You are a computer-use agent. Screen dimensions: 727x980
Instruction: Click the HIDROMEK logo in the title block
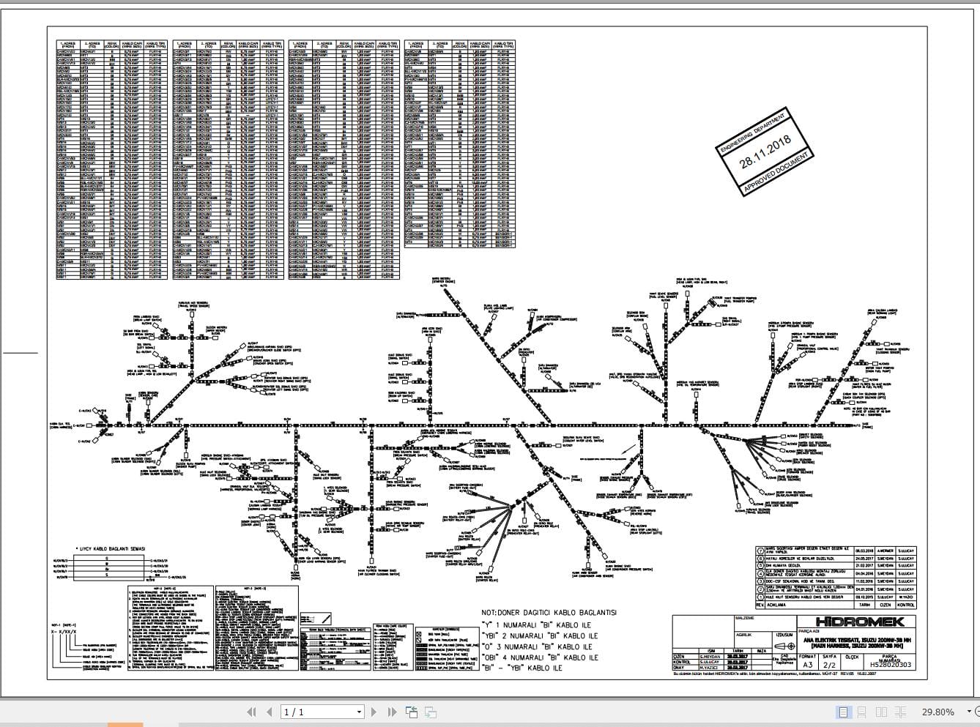coord(869,622)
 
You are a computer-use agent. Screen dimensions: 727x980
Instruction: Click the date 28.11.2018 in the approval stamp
coord(765,152)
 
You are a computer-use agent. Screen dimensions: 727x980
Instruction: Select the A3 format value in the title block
coord(806,666)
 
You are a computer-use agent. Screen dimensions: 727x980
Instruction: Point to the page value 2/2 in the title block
coord(829,666)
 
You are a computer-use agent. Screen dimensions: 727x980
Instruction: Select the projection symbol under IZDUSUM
coord(784,646)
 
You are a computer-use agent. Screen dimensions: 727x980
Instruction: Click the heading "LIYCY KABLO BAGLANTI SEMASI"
coord(111,548)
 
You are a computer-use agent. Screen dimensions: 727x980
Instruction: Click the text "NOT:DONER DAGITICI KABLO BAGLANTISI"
coord(549,613)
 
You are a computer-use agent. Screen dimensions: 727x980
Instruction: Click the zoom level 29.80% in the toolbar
coord(938,712)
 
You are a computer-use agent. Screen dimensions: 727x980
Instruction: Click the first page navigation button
coord(251,712)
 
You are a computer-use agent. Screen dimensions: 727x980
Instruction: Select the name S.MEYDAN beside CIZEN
coord(708,656)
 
